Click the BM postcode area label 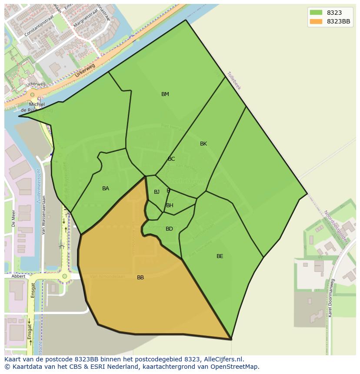click(165, 94)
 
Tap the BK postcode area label click(203, 144)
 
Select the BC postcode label click(171, 159)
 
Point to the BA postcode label click(106, 189)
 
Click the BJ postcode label click(157, 192)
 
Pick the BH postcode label click(170, 205)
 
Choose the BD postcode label click(169, 229)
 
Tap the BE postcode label click(220, 256)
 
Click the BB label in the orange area click(140, 278)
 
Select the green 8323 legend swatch click(316, 13)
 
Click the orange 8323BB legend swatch click(316, 22)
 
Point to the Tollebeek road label click(234, 80)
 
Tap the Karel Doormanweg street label click(331, 298)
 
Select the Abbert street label click(18, 276)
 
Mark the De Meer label click(13, 218)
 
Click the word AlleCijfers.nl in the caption click(223, 359)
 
